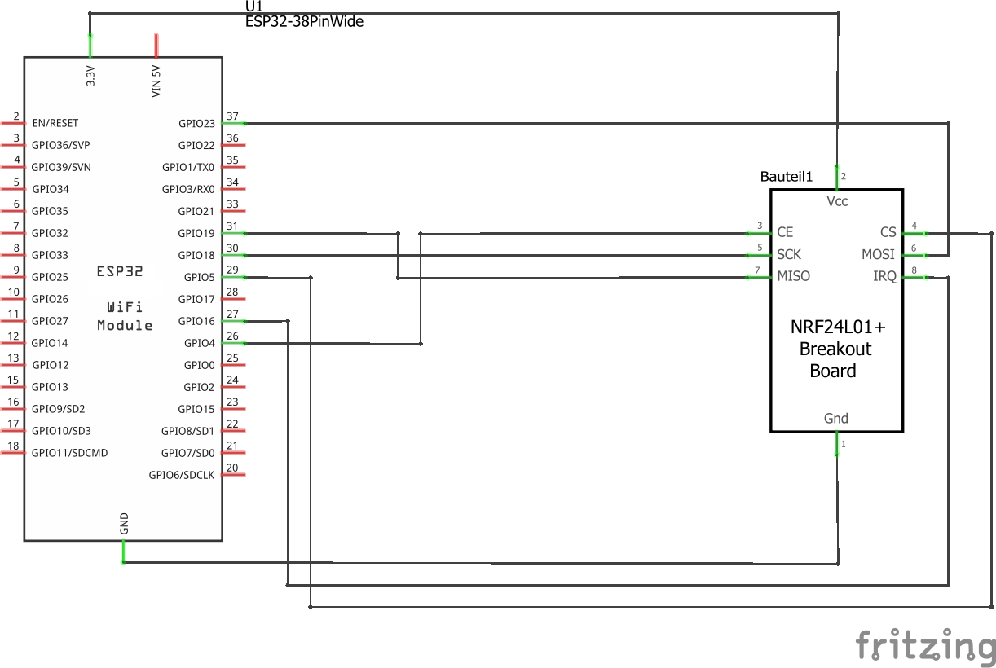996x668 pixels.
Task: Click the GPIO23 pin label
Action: pyautogui.click(x=196, y=124)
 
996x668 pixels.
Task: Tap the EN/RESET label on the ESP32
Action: pyautogui.click(x=55, y=123)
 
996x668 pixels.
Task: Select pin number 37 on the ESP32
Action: pyautogui.click(x=232, y=116)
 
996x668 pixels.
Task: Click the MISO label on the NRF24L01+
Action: pyautogui.click(x=793, y=276)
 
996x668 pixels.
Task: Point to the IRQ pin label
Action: pyautogui.click(x=884, y=276)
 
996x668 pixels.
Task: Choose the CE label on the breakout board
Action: pyautogui.click(x=785, y=232)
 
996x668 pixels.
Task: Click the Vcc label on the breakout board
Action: pyautogui.click(x=837, y=201)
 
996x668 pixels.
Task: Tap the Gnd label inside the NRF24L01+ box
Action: pyautogui.click(x=836, y=419)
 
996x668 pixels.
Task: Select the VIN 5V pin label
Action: pyautogui.click(x=156, y=81)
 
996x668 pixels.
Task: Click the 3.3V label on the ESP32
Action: pyautogui.click(x=90, y=76)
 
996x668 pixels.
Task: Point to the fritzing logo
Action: pyautogui.click(x=925, y=646)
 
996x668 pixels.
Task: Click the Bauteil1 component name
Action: pyautogui.click(x=787, y=177)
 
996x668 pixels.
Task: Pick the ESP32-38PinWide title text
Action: pyautogui.click(x=304, y=22)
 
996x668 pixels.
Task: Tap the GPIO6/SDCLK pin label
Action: pyautogui.click(x=181, y=475)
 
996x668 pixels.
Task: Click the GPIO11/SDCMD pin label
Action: pyautogui.click(x=69, y=453)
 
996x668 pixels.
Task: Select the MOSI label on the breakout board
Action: pyautogui.click(x=878, y=254)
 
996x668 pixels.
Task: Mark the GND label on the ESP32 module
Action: pyautogui.click(x=124, y=524)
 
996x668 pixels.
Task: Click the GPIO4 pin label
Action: pyautogui.click(x=200, y=343)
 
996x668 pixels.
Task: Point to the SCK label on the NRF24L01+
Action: pyautogui.click(x=790, y=254)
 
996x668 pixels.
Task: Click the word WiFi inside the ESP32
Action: pyautogui.click(x=125, y=307)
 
